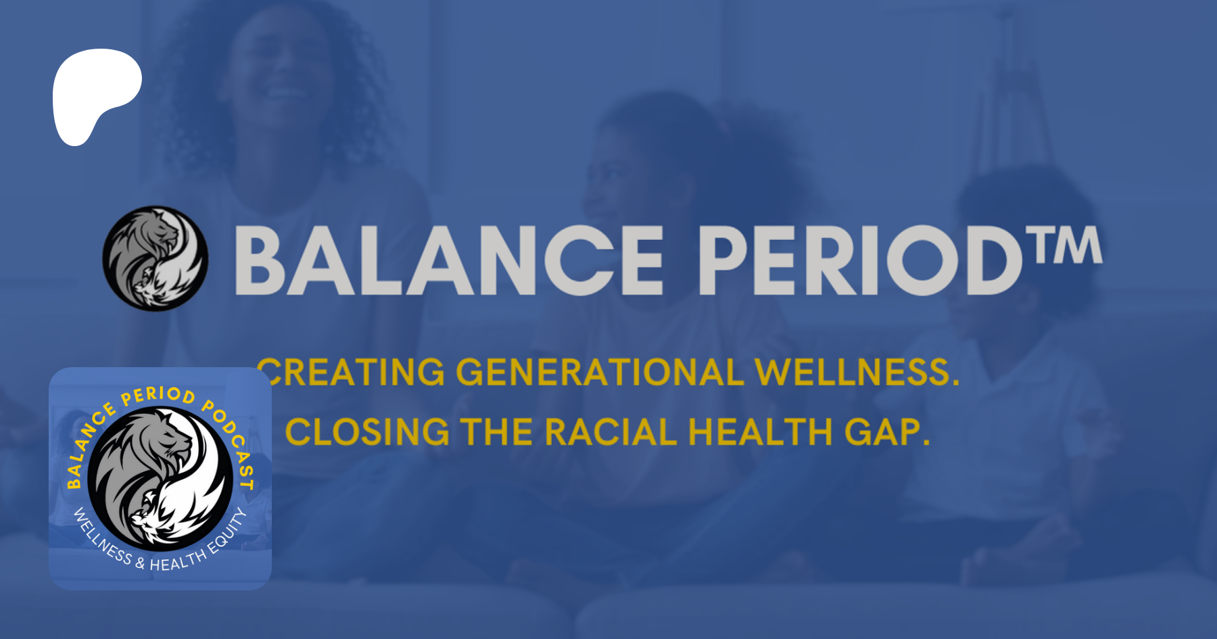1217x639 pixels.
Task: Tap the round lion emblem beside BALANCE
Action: tap(156, 258)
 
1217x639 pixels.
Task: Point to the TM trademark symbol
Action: tap(1064, 245)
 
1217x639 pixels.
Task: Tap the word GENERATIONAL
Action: tap(600, 373)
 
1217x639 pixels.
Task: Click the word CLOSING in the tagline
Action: tap(367, 432)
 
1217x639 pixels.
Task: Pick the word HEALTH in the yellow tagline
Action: tap(761, 432)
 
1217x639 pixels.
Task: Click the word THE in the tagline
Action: tap(497, 432)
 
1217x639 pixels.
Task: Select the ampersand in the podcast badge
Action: tap(140, 562)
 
